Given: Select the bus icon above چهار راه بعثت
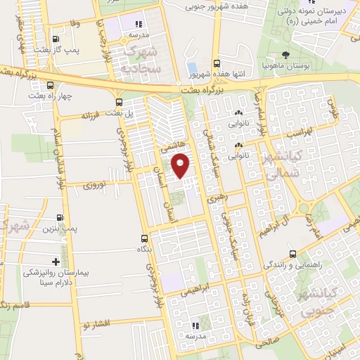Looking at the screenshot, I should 33,83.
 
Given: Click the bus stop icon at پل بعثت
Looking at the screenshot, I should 116,101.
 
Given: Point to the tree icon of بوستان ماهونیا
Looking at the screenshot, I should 285,54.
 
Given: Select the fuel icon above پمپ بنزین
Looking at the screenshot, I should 59,217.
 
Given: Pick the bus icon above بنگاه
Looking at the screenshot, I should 144,238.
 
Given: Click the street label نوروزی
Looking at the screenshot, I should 95,186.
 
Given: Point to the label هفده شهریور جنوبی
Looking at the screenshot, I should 210,6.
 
